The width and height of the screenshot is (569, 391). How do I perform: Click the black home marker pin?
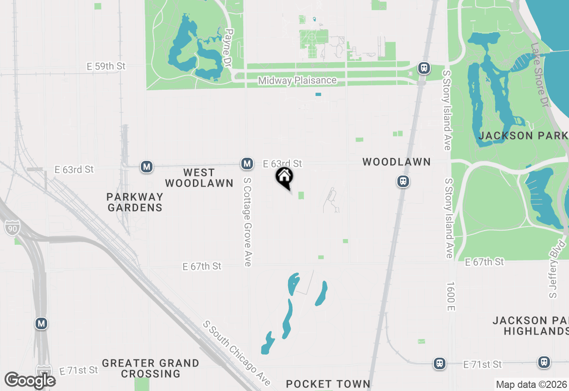[284, 178]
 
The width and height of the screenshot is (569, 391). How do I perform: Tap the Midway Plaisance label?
[297, 80]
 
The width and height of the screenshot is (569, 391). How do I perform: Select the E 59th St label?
[106, 66]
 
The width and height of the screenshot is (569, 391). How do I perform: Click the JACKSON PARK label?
[523, 136]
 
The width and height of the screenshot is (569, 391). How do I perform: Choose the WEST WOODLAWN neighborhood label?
[199, 178]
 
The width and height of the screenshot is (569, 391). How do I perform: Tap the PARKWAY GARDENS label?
[135, 202]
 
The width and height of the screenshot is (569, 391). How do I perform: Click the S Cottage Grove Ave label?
[248, 222]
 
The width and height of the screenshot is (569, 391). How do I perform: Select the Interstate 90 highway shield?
[12, 228]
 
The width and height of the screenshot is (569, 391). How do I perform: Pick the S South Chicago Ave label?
[236, 353]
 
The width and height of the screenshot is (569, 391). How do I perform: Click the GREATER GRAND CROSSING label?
[151, 368]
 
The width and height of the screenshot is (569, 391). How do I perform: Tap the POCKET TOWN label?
[328, 384]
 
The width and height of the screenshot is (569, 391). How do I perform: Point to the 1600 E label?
[451, 296]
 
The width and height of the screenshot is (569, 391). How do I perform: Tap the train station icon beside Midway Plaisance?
[424, 68]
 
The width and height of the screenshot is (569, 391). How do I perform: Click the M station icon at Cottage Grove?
[247, 164]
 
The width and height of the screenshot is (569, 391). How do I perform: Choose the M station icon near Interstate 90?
[41, 323]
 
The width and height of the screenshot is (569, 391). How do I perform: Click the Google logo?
[30, 380]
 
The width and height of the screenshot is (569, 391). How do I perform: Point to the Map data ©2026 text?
[531, 384]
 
